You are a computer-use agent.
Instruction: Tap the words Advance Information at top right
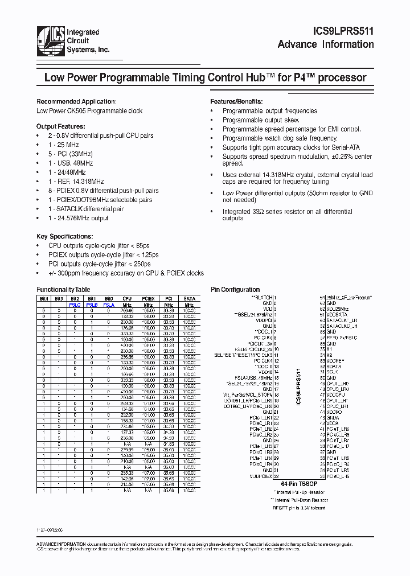[326, 45]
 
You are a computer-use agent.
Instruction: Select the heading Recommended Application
[76, 101]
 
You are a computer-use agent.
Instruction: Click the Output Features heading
[61, 126]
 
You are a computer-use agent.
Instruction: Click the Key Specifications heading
[64, 236]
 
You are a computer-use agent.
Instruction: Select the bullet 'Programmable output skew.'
[261, 120]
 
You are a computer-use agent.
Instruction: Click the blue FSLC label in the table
[75, 305]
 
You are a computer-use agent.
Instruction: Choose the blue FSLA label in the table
[109, 305]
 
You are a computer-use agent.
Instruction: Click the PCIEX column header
[148, 298]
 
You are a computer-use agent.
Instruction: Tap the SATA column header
[188, 298]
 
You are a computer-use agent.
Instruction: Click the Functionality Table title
[63, 290]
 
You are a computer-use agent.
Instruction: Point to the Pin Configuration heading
[235, 290]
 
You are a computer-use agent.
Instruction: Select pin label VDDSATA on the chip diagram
[337, 314]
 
